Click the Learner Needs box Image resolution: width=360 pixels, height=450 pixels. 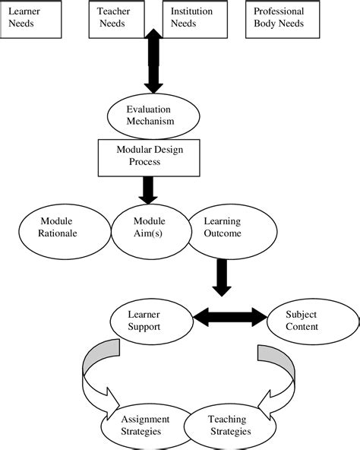pyautogui.click(x=30, y=18)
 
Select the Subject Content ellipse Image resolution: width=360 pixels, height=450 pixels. pyautogui.click(x=302, y=320)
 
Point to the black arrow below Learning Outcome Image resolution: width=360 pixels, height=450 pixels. pyautogui.click(x=222, y=277)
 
